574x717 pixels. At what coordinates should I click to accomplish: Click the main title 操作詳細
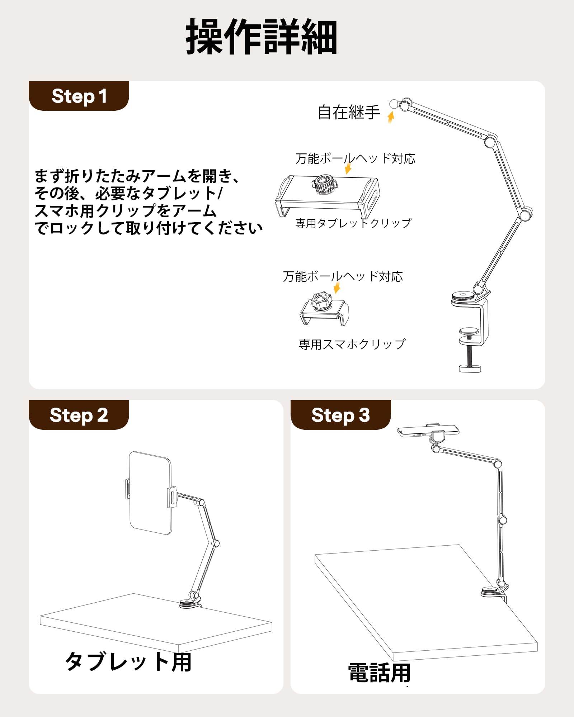[262, 37]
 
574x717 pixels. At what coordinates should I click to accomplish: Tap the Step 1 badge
[79, 96]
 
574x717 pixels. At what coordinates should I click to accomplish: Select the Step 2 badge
[79, 415]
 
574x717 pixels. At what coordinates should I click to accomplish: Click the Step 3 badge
[340, 415]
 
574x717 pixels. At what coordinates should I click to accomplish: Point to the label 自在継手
[349, 112]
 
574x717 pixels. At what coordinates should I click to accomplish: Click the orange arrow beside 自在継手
[391, 117]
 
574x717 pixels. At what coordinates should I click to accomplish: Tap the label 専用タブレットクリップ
[353, 223]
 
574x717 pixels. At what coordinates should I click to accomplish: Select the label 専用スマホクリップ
[352, 344]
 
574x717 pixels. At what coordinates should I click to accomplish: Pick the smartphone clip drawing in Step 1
[324, 309]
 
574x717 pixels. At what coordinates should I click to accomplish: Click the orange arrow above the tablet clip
[348, 168]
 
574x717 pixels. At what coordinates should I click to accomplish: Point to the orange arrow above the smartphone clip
[337, 288]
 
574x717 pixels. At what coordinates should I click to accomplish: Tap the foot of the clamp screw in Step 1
[470, 368]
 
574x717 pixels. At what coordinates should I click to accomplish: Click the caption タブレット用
[128, 662]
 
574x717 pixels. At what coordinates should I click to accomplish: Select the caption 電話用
[379, 673]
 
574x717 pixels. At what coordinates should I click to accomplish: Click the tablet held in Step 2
[150, 493]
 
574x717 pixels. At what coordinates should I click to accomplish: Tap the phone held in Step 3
[428, 431]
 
